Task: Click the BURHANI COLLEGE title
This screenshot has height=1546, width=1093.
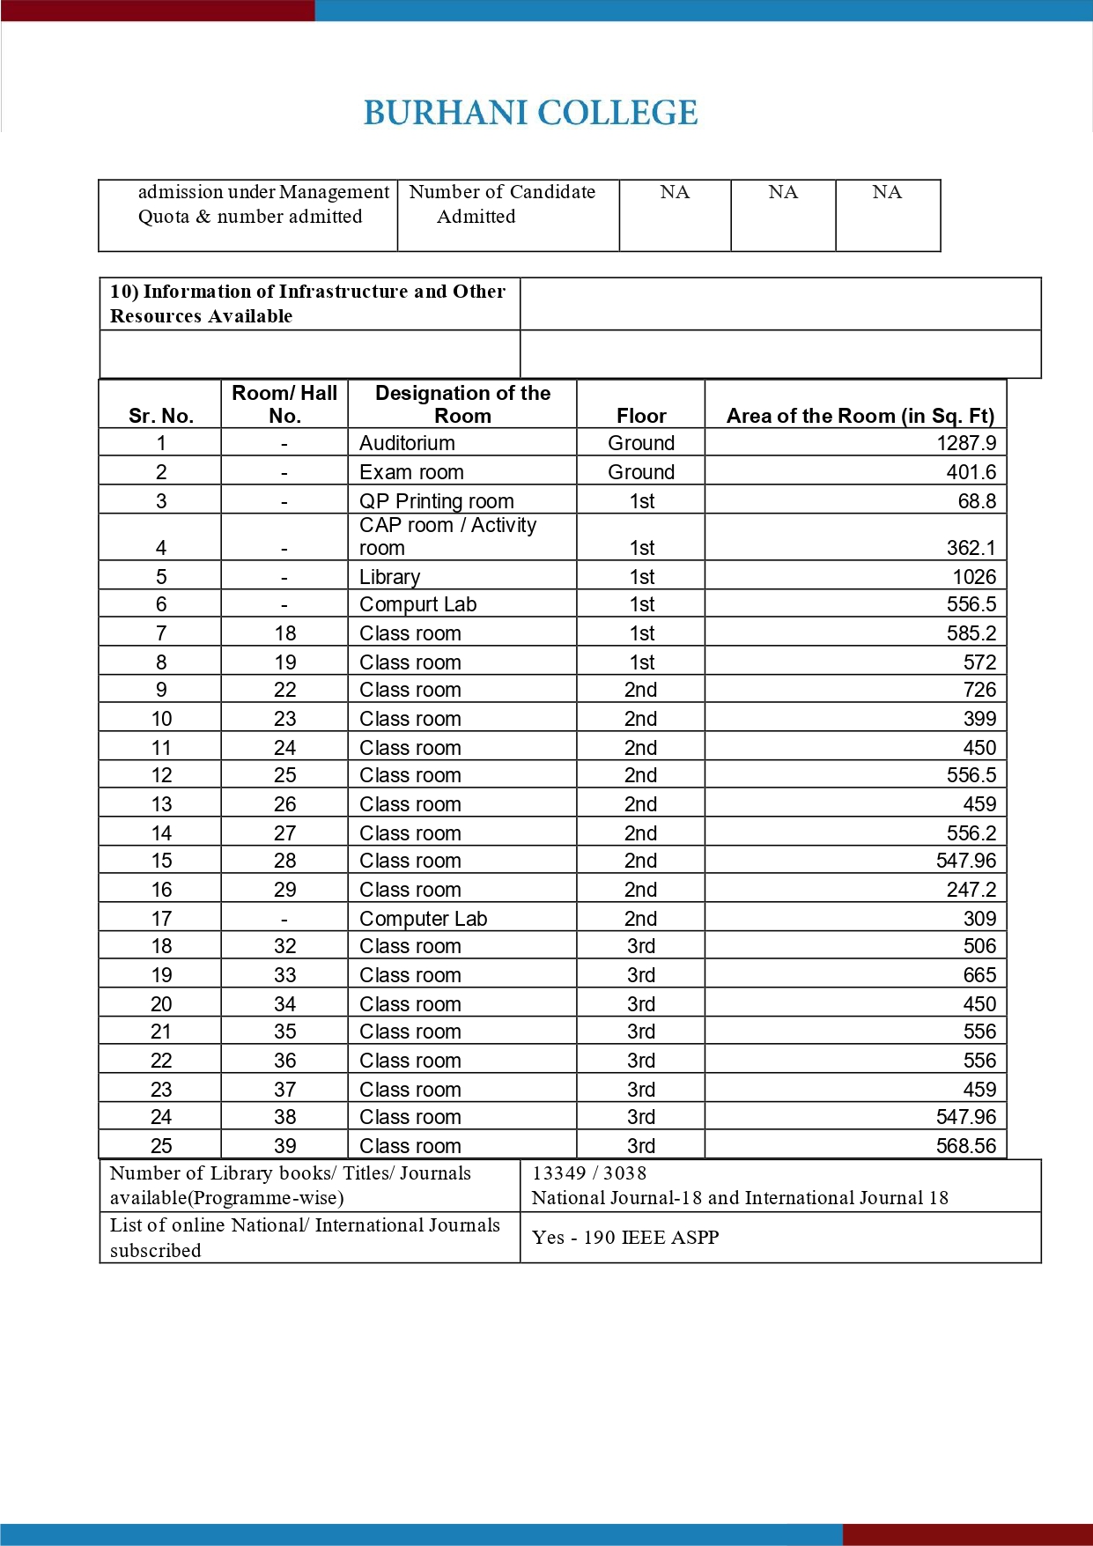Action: pyautogui.click(x=530, y=113)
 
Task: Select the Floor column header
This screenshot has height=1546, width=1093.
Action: pyautogui.click(x=641, y=416)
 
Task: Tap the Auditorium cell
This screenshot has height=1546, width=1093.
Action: pyautogui.click(x=407, y=443)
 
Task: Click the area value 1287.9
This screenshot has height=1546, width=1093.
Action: pyautogui.click(x=966, y=443)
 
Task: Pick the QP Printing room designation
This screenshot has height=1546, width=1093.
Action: pyautogui.click(x=436, y=501)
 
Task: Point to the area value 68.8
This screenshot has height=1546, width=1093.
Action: pyautogui.click(x=977, y=501)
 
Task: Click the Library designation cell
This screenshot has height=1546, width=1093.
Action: pyautogui.click(x=389, y=577)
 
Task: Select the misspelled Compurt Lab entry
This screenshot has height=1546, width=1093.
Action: pyautogui.click(x=417, y=604)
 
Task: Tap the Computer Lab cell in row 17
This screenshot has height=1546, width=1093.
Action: pyautogui.click(x=423, y=919)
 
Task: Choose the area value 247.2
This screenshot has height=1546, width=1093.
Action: pyautogui.click(x=971, y=890)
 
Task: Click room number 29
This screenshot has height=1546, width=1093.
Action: pyautogui.click(x=284, y=890)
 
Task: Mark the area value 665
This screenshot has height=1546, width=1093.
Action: pyautogui.click(x=979, y=975)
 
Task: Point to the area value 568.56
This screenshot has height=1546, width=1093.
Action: pyautogui.click(x=966, y=1146)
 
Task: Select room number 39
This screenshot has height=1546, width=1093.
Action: pyautogui.click(x=284, y=1146)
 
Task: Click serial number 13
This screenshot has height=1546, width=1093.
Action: pyautogui.click(x=161, y=804)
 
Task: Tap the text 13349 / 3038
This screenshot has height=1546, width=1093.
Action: pyautogui.click(x=588, y=1173)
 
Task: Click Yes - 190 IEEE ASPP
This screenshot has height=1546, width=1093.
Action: pyautogui.click(x=625, y=1238)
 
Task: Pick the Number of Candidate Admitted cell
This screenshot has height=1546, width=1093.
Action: pyautogui.click(x=501, y=204)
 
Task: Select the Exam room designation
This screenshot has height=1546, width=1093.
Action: pyautogui.click(x=411, y=472)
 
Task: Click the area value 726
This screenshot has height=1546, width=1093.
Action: pyautogui.click(x=979, y=690)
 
